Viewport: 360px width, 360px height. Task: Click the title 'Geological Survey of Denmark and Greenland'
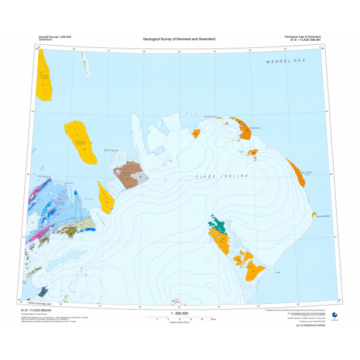point(179,39)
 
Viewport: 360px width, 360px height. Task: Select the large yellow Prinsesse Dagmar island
point(80,142)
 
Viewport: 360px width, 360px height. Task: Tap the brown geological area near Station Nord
point(129,176)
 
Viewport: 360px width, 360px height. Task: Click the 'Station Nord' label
point(110,150)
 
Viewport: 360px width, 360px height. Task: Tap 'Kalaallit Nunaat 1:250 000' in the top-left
point(51,37)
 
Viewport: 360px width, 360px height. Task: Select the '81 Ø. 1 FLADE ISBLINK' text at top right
point(305,40)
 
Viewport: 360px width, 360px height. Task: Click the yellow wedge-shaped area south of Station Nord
point(107,198)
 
